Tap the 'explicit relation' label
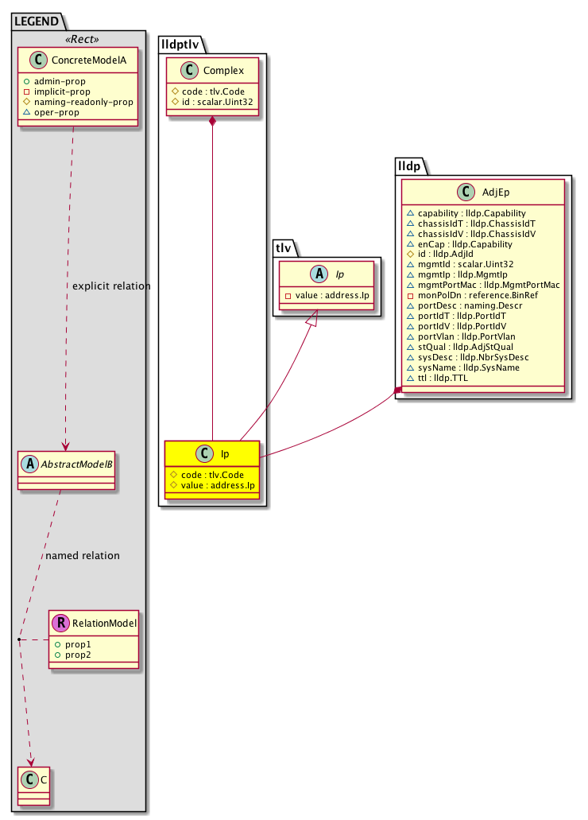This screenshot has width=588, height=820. pos(110,286)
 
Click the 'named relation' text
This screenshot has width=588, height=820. pos(83,556)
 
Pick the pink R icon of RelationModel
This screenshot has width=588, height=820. pos(60,624)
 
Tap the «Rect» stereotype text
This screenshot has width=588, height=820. pos(79,39)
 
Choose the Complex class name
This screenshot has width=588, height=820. pos(222,69)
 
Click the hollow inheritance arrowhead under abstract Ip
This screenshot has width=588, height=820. pos(312,318)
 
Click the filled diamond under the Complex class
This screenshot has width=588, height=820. pos(213,122)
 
